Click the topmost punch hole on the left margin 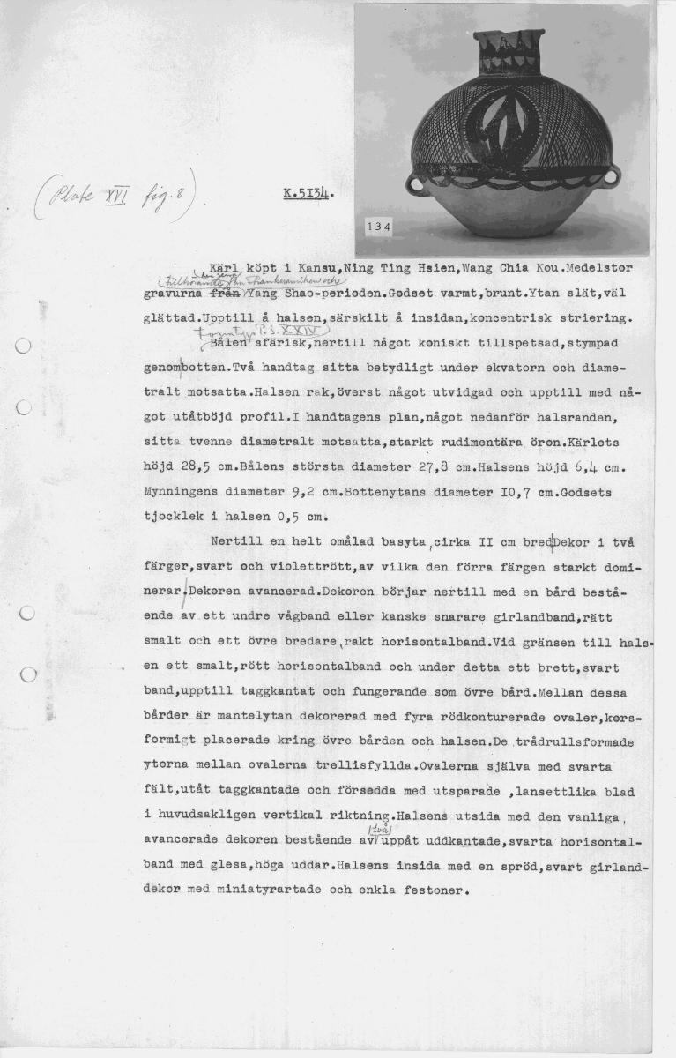25,346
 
